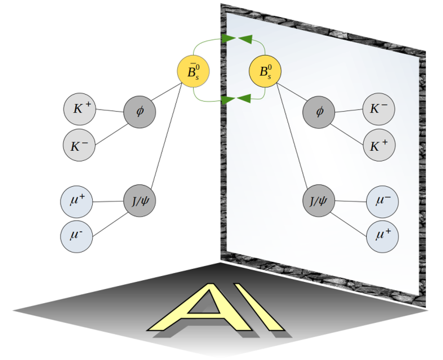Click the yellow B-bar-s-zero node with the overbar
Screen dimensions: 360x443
click(193, 73)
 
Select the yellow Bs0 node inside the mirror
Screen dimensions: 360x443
click(265, 73)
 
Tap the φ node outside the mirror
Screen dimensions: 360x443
click(139, 111)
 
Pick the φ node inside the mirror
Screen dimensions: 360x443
click(319, 112)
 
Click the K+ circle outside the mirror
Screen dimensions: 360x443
click(79, 109)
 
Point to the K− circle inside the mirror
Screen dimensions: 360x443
click(379, 109)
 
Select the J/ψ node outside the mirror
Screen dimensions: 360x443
click(139, 200)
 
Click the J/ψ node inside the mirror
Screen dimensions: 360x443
click(319, 200)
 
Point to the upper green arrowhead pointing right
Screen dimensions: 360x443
click(228, 38)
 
